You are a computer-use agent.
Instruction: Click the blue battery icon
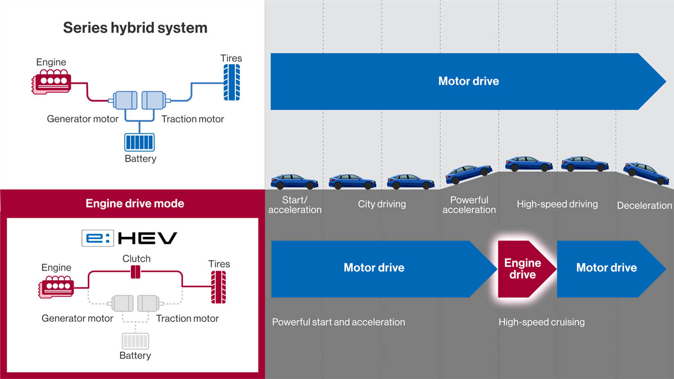coord(140,141)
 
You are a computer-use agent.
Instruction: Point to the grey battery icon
coord(135,341)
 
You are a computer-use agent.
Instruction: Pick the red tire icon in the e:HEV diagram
coord(218,287)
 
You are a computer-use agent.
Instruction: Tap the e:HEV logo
coord(129,239)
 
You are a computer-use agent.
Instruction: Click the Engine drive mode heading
coord(135,203)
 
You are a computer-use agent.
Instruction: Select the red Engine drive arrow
coord(523,269)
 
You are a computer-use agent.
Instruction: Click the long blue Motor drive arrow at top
coord(468,81)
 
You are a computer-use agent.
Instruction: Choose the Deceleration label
coord(644,206)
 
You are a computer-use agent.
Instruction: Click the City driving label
coord(382,204)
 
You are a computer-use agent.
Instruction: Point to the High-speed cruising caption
coord(541,322)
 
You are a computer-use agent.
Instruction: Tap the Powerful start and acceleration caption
coord(338,322)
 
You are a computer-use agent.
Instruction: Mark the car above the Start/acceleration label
coord(294,181)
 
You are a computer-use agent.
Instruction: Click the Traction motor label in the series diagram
coord(193,119)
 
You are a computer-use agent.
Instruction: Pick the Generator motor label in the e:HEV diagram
coord(78,318)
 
